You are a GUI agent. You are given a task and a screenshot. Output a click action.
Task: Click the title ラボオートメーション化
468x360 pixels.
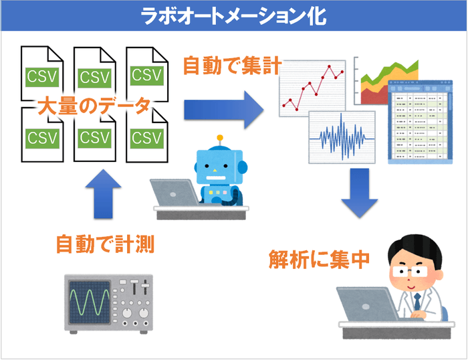pyautogui.click(x=233, y=15)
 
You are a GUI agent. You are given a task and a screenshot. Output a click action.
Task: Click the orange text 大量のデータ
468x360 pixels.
pyautogui.click(x=93, y=107)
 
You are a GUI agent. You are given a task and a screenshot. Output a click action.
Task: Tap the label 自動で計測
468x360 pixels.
pyautogui.click(x=105, y=244)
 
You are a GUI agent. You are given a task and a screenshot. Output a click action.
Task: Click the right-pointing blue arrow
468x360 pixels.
pyautogui.click(x=223, y=107)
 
